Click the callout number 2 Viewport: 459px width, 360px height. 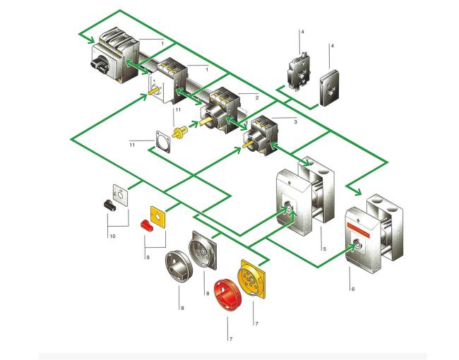tap(257, 97)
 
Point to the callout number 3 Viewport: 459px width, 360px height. tap(295, 121)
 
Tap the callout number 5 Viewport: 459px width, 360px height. tap(325, 249)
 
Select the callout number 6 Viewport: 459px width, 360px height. tap(353, 289)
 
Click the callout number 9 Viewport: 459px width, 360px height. tap(148, 258)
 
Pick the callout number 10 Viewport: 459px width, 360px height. tap(112, 236)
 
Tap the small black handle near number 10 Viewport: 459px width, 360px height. tap(109, 205)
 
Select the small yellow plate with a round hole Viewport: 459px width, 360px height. tap(157, 217)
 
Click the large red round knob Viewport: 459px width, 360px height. tap(227, 295)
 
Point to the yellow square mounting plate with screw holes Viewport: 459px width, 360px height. tap(252, 279)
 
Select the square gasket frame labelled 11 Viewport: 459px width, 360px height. tap(162, 142)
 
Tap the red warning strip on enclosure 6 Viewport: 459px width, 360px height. tap(359, 229)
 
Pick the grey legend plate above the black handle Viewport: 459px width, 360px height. tap(120, 196)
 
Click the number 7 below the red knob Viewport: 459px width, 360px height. tap(231, 340)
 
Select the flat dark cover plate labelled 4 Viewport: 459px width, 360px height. tap(329, 88)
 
